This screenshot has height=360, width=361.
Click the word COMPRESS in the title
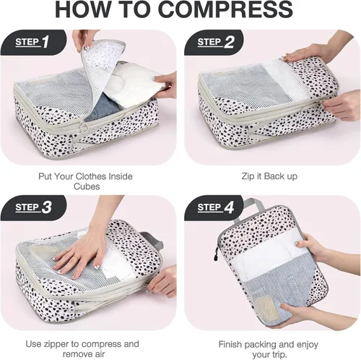(225, 9)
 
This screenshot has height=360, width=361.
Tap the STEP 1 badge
(33, 42)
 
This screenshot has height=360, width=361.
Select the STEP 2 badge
(214, 42)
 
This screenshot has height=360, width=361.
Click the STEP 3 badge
(33, 207)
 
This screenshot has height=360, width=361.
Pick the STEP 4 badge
(214, 207)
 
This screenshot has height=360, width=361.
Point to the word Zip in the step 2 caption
(247, 176)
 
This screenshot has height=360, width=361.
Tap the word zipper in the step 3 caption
(57, 344)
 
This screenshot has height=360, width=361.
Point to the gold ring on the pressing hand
(76, 258)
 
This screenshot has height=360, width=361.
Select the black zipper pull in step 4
(216, 255)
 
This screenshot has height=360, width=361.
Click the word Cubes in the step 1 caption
(87, 187)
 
